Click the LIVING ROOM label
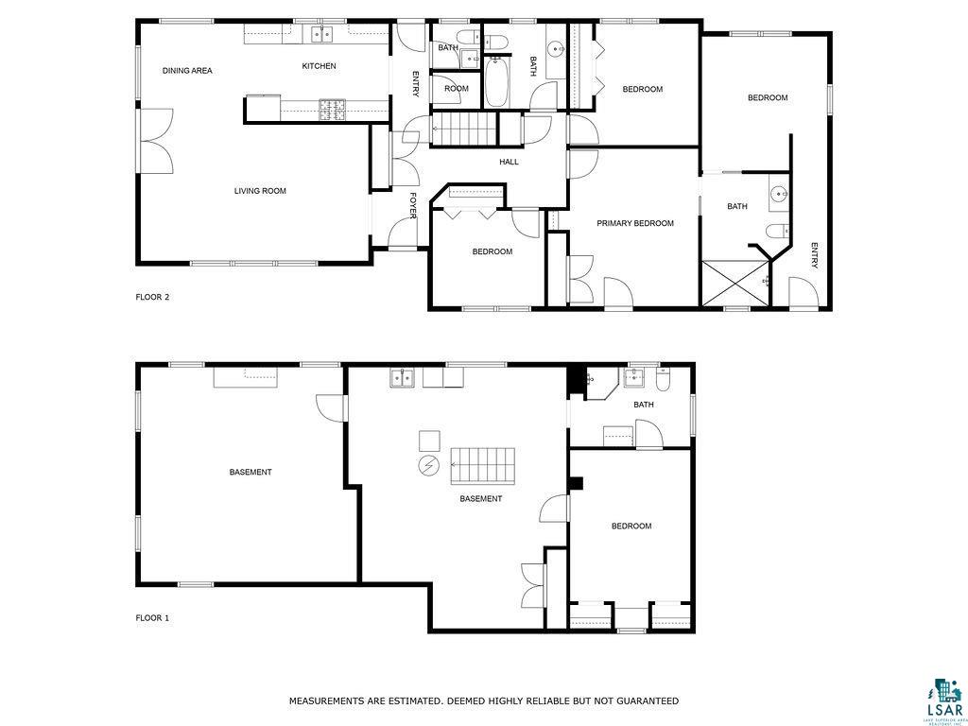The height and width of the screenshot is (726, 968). [x=260, y=191]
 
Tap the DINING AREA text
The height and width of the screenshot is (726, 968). [x=187, y=70]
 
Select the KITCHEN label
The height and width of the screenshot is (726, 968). [x=319, y=65]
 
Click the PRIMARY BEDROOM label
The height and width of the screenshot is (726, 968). [x=634, y=223]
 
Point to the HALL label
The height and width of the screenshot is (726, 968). [x=509, y=162]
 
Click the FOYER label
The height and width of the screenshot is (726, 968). [x=413, y=205]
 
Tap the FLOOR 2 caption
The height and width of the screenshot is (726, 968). [x=152, y=297]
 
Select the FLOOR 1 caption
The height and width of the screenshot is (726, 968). [x=152, y=617]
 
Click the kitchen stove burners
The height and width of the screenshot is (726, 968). [x=332, y=110]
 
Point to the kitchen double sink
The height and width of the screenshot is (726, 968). [x=321, y=35]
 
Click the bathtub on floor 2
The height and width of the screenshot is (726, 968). [x=497, y=82]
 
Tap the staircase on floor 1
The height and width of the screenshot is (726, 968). [x=483, y=466]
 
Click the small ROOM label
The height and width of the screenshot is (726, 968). [x=457, y=88]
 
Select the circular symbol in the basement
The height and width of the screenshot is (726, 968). [x=428, y=464]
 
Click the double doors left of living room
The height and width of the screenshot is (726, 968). [x=156, y=142]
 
